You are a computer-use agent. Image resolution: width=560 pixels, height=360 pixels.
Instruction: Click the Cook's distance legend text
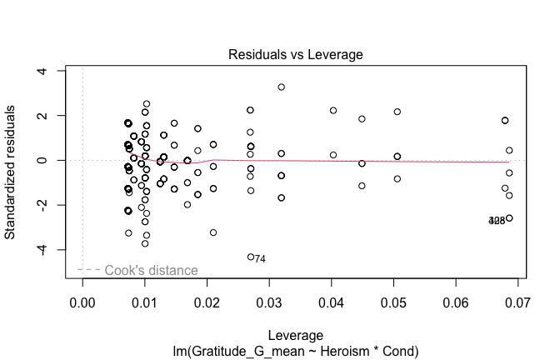click(x=151, y=270)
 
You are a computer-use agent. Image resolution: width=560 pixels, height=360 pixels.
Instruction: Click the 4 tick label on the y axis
click(x=51, y=71)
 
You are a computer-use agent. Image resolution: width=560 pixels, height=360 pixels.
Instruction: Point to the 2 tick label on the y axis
click(x=51, y=116)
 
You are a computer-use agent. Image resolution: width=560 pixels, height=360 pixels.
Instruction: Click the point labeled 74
click(x=250, y=257)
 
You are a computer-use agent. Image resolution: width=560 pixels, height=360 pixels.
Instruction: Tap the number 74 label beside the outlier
click(x=260, y=259)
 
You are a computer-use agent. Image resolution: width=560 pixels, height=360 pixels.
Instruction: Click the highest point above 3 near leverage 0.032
click(x=281, y=87)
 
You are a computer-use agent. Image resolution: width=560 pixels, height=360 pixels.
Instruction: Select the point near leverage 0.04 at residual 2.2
click(x=333, y=110)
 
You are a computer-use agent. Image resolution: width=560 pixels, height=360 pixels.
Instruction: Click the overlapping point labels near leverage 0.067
click(x=497, y=221)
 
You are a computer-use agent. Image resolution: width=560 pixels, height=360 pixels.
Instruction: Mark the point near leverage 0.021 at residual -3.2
click(x=213, y=232)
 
